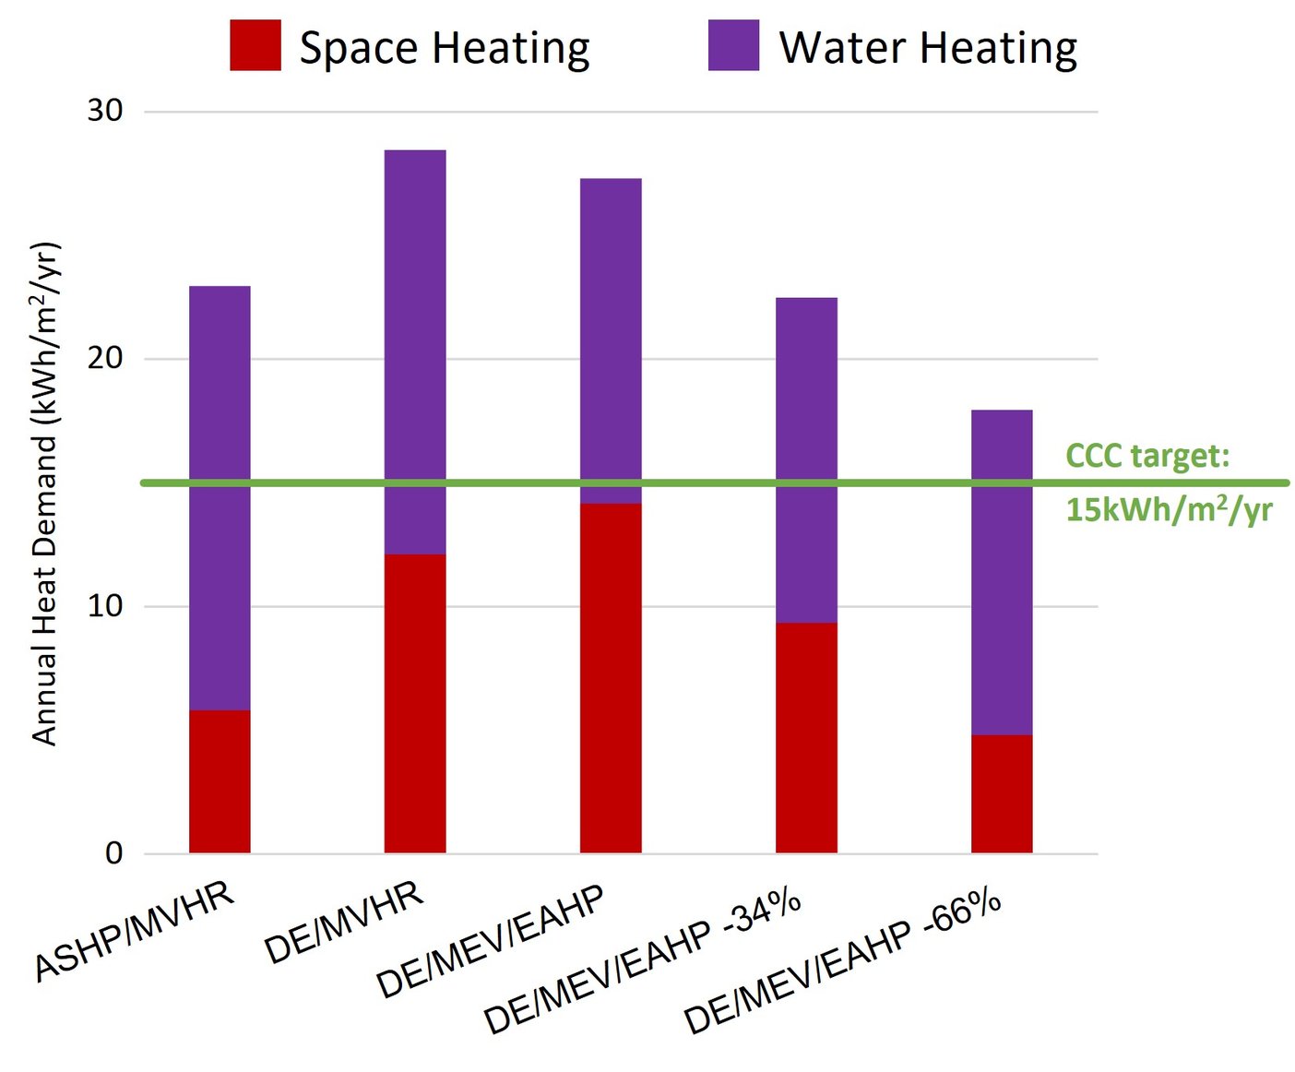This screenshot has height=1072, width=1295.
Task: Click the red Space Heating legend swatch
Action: pos(255,45)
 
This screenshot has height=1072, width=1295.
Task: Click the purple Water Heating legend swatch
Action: pos(733,45)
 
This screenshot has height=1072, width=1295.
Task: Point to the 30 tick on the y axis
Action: pos(104,111)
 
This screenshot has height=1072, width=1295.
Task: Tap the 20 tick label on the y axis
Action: pos(104,358)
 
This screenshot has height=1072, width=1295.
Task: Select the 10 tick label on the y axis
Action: pos(104,606)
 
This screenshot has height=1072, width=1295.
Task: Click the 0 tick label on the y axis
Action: pos(113,852)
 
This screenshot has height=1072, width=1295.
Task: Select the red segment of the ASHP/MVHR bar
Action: pos(220,781)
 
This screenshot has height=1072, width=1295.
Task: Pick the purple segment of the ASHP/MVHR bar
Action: pos(220,498)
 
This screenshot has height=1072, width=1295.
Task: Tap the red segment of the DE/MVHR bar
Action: pos(415,703)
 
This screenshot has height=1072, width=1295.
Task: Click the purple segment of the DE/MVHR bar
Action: pos(415,351)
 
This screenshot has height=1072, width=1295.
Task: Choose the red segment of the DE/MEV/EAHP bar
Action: pos(611,678)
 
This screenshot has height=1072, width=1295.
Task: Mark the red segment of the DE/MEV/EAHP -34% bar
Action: pos(806,738)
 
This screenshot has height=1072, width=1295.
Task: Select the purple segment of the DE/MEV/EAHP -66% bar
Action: pos(1002,572)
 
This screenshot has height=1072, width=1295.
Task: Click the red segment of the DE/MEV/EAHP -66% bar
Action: pos(1002,793)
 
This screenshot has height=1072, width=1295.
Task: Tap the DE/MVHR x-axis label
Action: pos(343,923)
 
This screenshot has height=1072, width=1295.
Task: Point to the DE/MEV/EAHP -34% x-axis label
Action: pos(642,961)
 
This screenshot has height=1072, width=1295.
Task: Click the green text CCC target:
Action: pos(1147,456)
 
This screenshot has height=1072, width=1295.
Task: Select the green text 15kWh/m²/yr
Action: pos(1169,509)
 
